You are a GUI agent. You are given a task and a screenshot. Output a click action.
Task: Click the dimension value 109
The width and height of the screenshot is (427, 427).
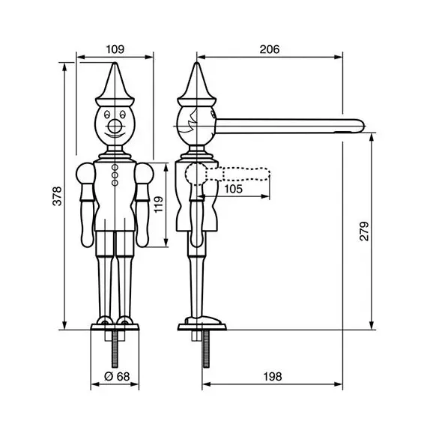[x=115, y=49]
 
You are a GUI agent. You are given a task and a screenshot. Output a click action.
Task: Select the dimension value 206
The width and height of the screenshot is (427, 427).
[x=270, y=49]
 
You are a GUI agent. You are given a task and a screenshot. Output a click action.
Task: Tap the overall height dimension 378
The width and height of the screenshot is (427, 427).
[x=57, y=195]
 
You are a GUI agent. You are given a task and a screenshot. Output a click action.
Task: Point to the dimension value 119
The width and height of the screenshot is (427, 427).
[x=158, y=204]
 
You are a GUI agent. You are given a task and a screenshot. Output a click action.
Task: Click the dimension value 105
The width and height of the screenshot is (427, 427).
[x=233, y=189]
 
